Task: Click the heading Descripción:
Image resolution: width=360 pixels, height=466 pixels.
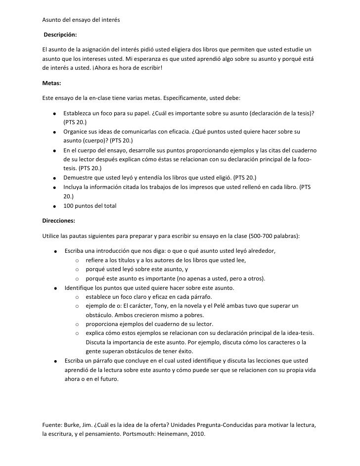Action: [60, 35]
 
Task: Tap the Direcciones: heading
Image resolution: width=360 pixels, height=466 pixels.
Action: [59, 220]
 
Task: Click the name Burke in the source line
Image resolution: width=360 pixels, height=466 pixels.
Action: [71, 424]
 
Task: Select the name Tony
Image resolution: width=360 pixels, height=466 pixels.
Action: [146, 306]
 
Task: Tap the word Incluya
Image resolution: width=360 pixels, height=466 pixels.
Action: [74, 187]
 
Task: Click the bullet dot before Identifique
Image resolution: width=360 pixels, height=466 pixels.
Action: [55, 288]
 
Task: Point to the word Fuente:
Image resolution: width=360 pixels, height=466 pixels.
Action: [53, 424]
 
